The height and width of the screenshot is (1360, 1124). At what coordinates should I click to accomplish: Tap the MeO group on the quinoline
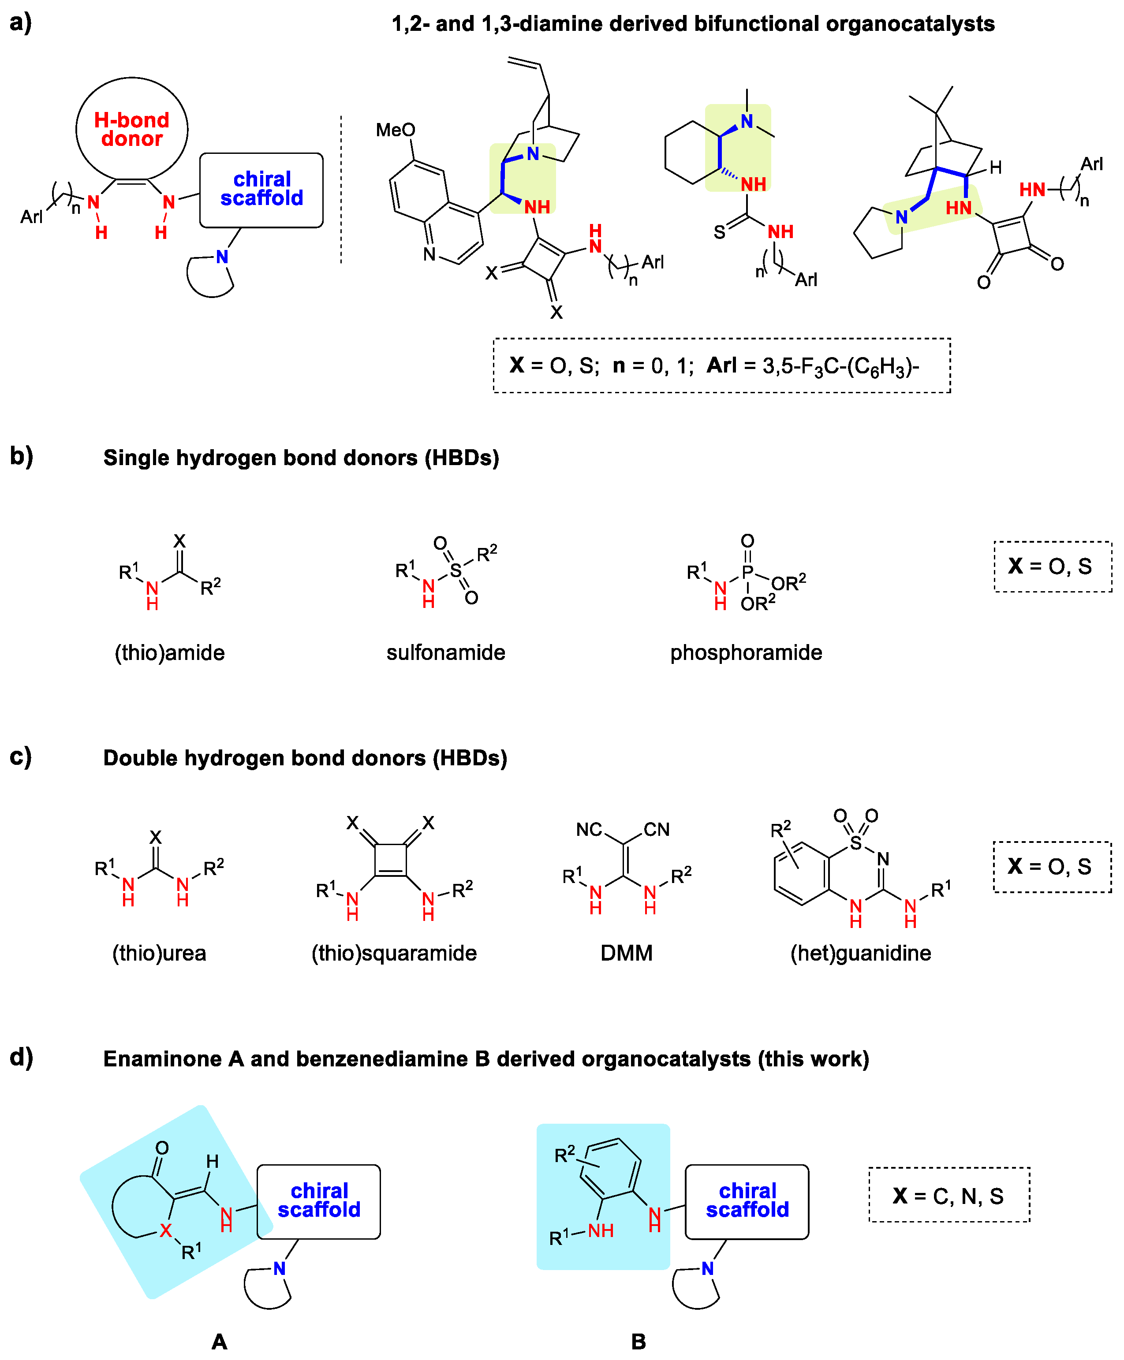[x=395, y=130]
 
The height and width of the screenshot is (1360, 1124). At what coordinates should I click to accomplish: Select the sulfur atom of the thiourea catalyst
[x=719, y=232]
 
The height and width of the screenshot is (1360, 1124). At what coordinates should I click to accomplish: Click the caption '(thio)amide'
[x=170, y=652]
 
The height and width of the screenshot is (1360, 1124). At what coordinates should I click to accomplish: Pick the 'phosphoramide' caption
[x=746, y=652]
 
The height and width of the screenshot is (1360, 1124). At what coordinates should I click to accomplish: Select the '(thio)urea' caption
[x=159, y=953]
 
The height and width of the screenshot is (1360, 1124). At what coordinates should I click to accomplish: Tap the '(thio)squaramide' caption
[x=394, y=953]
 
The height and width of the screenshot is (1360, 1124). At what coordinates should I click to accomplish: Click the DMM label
[x=626, y=953]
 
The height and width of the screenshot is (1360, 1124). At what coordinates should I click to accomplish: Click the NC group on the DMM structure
[x=589, y=829]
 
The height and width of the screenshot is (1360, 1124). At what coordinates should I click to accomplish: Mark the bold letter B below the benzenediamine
[x=639, y=1342]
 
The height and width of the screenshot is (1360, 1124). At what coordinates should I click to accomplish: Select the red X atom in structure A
[x=166, y=1230]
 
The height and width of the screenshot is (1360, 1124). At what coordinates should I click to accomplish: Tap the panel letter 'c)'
[x=21, y=756]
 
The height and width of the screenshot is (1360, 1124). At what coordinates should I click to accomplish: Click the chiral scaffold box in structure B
[x=747, y=1201]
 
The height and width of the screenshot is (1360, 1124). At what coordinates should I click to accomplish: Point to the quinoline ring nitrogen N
[x=429, y=254]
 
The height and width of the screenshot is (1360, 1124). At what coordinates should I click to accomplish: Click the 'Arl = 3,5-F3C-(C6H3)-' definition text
[x=813, y=366]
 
